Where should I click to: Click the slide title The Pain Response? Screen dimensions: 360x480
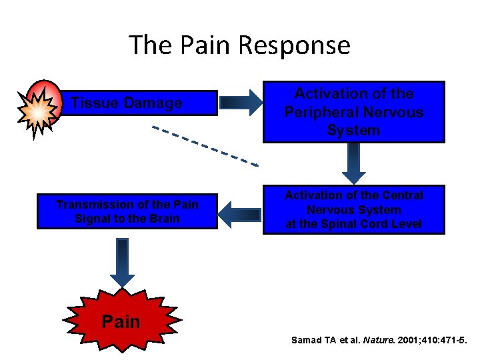tap(239, 45)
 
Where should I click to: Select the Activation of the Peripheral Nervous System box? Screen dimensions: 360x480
tap(353, 112)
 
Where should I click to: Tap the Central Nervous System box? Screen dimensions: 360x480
tap(353, 210)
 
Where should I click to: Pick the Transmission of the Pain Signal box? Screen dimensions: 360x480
tap(127, 211)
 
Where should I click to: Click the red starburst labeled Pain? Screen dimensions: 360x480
tap(121, 321)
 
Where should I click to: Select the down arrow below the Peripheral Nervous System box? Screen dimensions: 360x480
tap(353, 163)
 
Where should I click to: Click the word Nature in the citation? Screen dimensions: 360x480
tap(369, 340)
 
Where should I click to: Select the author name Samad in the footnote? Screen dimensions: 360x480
tap(307, 340)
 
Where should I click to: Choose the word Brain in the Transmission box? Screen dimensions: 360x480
tap(164, 219)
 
